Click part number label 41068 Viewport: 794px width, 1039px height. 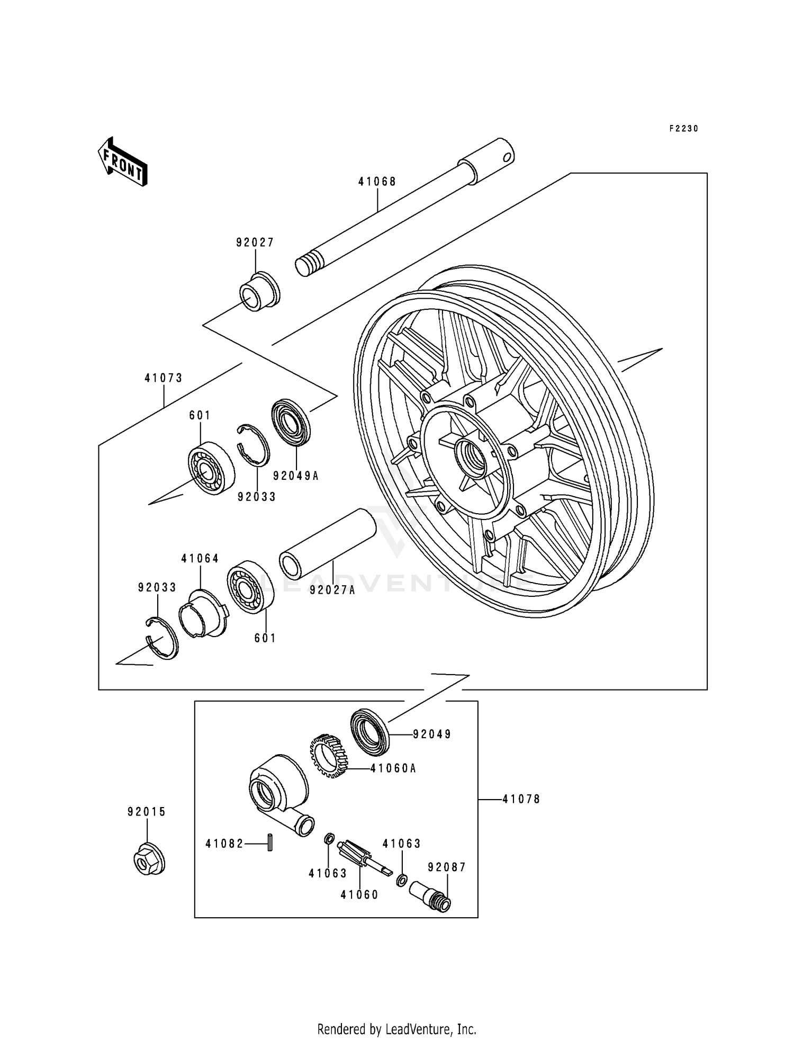click(377, 182)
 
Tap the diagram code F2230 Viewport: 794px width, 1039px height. click(683, 129)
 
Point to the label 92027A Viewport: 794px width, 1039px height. click(333, 590)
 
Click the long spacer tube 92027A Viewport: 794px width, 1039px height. click(327, 543)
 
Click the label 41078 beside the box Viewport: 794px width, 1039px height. click(521, 799)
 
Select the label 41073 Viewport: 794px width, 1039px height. click(164, 378)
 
